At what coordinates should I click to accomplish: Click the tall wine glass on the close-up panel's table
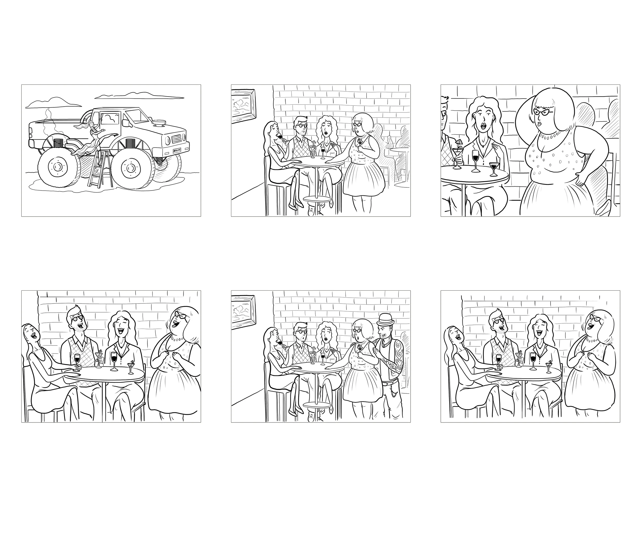475,161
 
